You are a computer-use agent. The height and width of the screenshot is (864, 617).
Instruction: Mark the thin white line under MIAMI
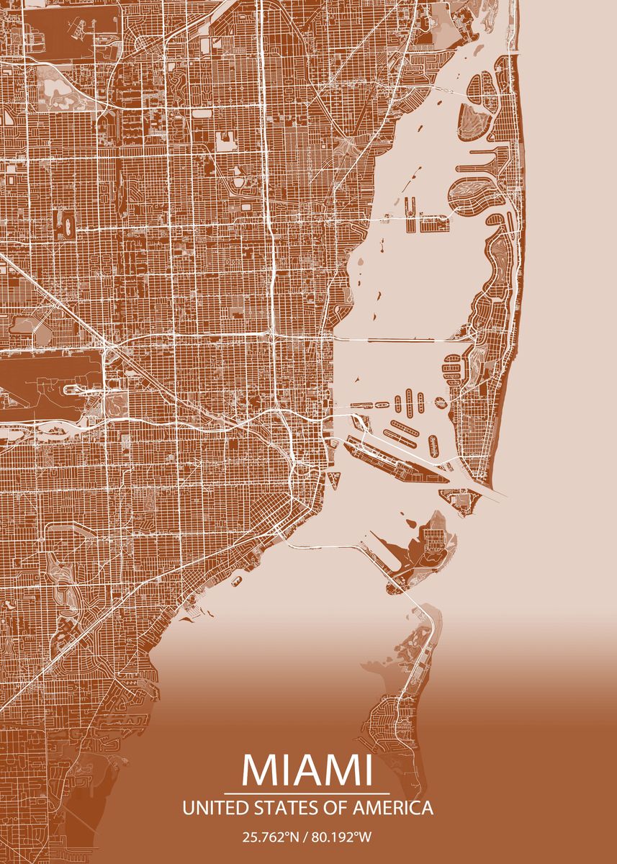pyautogui.click(x=307, y=793)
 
